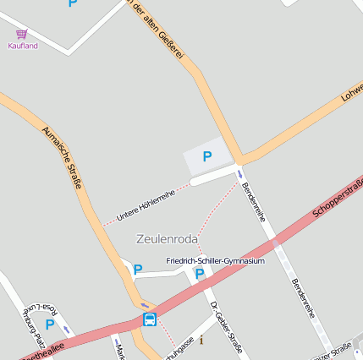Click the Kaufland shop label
(23, 46)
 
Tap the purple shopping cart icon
(22, 34)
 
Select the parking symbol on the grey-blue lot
(206, 156)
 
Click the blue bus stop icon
(150, 319)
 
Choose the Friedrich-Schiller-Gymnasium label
(215, 261)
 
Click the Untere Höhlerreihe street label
(145, 205)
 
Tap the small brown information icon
(201, 341)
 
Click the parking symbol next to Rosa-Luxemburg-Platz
(50, 324)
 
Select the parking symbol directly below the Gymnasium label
(200, 274)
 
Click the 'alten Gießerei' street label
(157, 30)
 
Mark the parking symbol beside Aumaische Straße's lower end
(137, 270)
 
